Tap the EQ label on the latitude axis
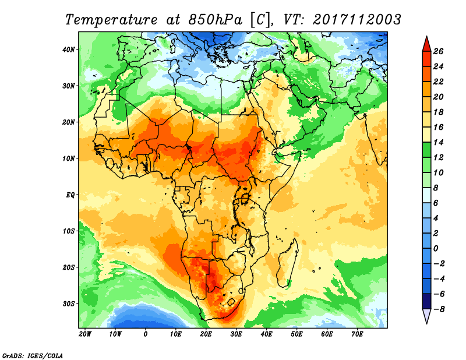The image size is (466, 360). [70, 195]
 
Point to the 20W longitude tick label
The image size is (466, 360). [85, 334]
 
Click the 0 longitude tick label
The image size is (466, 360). [146, 334]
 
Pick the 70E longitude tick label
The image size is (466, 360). [357, 334]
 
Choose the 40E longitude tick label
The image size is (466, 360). [266, 334]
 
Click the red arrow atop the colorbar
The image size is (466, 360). [426, 43]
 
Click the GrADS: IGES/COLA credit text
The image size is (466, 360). [32, 355]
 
